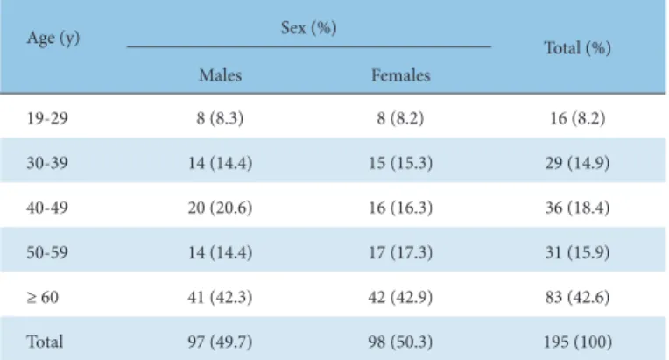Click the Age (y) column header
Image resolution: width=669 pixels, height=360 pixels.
pyautogui.click(x=53, y=39)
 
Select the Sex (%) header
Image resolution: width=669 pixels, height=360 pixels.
pyautogui.click(x=308, y=28)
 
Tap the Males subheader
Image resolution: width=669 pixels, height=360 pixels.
pyautogui.click(x=220, y=75)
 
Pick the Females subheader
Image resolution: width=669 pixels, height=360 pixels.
pyautogui.click(x=400, y=75)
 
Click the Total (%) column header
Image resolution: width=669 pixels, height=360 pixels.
pyautogui.click(x=577, y=48)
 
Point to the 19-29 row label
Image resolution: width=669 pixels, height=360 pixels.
pyautogui.click(x=47, y=118)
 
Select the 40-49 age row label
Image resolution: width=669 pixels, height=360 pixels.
pyautogui.click(x=47, y=208)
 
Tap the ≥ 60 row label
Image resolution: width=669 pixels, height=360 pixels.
pyautogui.click(x=42, y=297)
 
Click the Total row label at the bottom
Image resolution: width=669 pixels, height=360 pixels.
pyautogui.click(x=45, y=342)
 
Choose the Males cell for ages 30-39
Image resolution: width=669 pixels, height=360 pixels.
pyautogui.click(x=220, y=163)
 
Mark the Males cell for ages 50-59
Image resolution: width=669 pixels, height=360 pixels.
pyautogui.click(x=220, y=252)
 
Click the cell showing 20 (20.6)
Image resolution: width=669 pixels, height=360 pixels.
pyautogui.click(x=220, y=208)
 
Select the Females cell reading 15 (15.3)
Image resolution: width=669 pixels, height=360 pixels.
pyautogui.click(x=400, y=163)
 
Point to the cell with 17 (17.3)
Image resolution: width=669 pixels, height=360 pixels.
pyautogui.click(x=400, y=252)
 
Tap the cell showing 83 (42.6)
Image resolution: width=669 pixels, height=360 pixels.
pyautogui.click(x=577, y=297)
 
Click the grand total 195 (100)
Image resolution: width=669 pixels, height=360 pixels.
pyautogui.click(x=577, y=342)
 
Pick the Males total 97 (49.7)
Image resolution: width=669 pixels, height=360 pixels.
pyautogui.click(x=220, y=342)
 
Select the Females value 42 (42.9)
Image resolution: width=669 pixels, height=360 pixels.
pyautogui.click(x=400, y=297)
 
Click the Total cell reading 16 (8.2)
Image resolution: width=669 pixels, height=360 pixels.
pyautogui.click(x=577, y=118)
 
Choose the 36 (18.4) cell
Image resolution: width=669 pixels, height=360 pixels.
pyautogui.click(x=577, y=208)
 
